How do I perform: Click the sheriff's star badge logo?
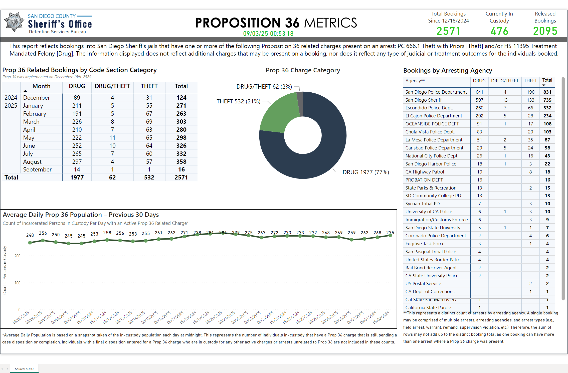[x=14, y=22]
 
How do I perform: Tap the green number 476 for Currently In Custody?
[x=499, y=31]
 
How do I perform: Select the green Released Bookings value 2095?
[x=545, y=31]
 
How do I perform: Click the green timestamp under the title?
[x=268, y=34]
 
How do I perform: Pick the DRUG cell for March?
[x=77, y=122]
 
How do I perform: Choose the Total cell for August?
[x=181, y=162]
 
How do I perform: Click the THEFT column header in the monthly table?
[x=149, y=86]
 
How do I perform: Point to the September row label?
[x=37, y=169]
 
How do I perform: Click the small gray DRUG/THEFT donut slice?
[x=300, y=104]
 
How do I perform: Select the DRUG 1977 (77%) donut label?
[x=366, y=172]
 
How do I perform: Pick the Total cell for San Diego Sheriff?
[x=547, y=100]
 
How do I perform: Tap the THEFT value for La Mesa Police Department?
[x=530, y=140]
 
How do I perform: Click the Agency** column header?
[x=415, y=81]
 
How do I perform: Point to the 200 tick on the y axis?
[x=18, y=256]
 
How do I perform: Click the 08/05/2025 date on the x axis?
[x=21, y=317]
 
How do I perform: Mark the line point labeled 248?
[x=30, y=242]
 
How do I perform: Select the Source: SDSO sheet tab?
[x=24, y=369]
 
